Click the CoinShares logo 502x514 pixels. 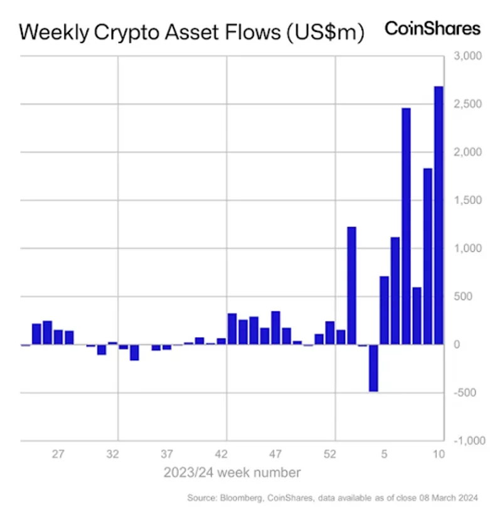(x=432, y=28)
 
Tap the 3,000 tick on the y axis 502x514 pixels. (x=467, y=56)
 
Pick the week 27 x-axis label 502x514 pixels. (x=58, y=454)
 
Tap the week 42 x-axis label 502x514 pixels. (x=221, y=454)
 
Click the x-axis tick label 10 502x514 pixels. (x=439, y=454)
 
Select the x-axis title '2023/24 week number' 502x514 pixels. (x=232, y=472)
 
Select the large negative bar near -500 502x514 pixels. (x=373, y=368)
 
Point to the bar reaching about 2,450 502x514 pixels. (x=406, y=226)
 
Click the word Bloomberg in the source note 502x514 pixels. (x=235, y=498)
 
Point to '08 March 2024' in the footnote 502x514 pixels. (x=449, y=498)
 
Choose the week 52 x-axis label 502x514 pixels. (x=330, y=454)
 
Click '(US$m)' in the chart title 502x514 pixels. (x=324, y=32)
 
